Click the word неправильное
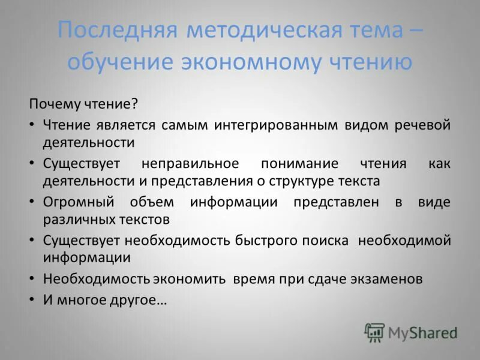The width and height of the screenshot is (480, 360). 190,163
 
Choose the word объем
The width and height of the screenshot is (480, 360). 157,202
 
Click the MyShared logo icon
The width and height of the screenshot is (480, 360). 374,332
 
